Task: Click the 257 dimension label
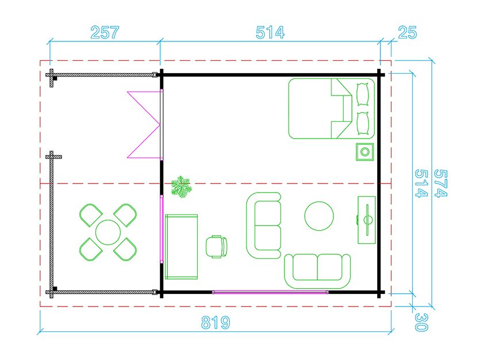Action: (x=105, y=32)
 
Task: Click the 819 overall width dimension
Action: (x=216, y=323)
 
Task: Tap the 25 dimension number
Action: (x=408, y=32)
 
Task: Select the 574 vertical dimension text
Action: (x=441, y=183)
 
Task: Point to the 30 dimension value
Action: (x=421, y=322)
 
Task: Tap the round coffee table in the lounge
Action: (x=319, y=216)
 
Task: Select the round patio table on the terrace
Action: (x=108, y=232)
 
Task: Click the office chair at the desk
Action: (x=216, y=247)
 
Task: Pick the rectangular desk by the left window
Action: (x=181, y=247)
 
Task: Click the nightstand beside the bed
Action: (x=365, y=152)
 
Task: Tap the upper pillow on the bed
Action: (x=363, y=94)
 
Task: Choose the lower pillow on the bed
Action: (x=363, y=124)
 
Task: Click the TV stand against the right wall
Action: (x=367, y=220)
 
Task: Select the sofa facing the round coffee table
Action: (x=264, y=225)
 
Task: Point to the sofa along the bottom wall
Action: (x=317, y=271)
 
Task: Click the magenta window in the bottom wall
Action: (x=270, y=292)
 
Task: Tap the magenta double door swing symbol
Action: (x=144, y=125)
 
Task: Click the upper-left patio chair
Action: (x=91, y=215)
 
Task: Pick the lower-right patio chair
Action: (x=125, y=249)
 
